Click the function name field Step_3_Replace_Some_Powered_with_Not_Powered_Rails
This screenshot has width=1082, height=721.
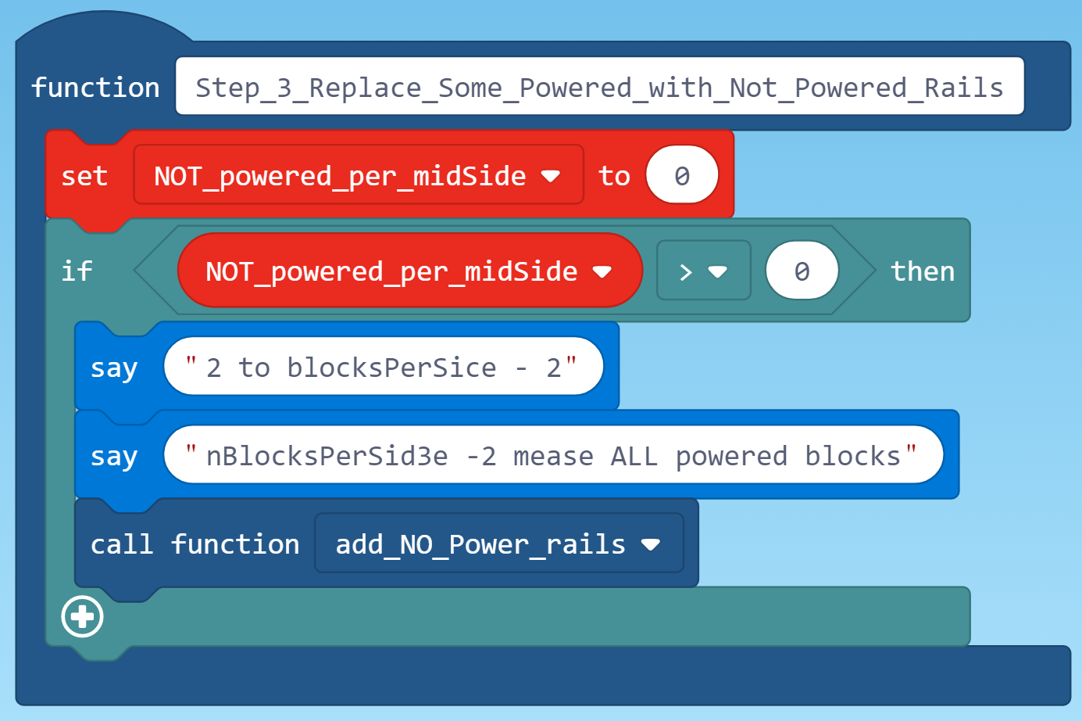point(599,87)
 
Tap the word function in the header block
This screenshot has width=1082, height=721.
point(95,88)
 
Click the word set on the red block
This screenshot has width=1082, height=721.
point(84,176)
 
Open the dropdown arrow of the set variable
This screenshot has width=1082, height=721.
point(551,176)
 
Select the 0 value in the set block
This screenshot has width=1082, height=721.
point(681,176)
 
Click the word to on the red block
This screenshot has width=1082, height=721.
point(614,176)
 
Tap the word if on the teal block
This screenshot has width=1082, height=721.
point(77,271)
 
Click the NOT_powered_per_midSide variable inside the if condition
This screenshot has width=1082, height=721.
point(391,271)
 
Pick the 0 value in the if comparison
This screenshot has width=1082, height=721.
point(802,271)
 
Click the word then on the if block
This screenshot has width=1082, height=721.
point(922,271)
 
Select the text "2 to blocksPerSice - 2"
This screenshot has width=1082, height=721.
point(383,367)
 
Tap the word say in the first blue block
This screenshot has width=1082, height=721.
point(114,368)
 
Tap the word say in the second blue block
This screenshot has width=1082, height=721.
point(114,456)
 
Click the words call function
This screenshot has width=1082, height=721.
point(195,544)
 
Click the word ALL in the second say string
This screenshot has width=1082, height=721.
point(634,456)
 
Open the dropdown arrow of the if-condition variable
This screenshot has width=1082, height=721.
point(602,271)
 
